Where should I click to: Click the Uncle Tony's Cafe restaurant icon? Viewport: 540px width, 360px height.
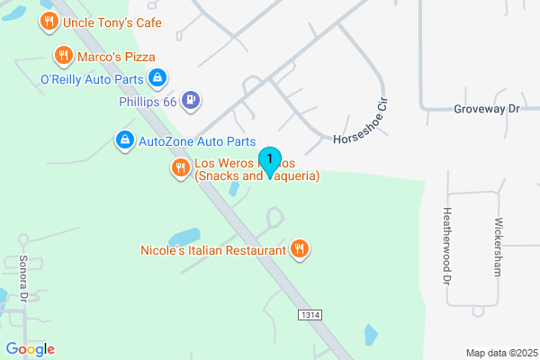(48, 21)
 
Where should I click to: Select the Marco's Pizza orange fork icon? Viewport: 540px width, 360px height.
(62, 57)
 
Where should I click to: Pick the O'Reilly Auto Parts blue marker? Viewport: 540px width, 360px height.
(157, 79)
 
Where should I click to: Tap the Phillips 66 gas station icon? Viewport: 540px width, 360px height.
(190, 101)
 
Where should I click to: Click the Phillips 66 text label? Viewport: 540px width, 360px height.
(148, 102)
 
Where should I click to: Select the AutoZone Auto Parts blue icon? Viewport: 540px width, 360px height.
(124, 140)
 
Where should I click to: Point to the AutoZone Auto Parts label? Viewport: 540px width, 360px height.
(197, 140)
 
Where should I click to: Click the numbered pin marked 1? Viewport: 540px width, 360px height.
(269, 160)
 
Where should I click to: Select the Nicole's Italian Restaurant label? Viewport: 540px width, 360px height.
(213, 249)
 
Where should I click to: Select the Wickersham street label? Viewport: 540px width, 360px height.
(497, 246)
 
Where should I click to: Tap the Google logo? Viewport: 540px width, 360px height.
(30, 348)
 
